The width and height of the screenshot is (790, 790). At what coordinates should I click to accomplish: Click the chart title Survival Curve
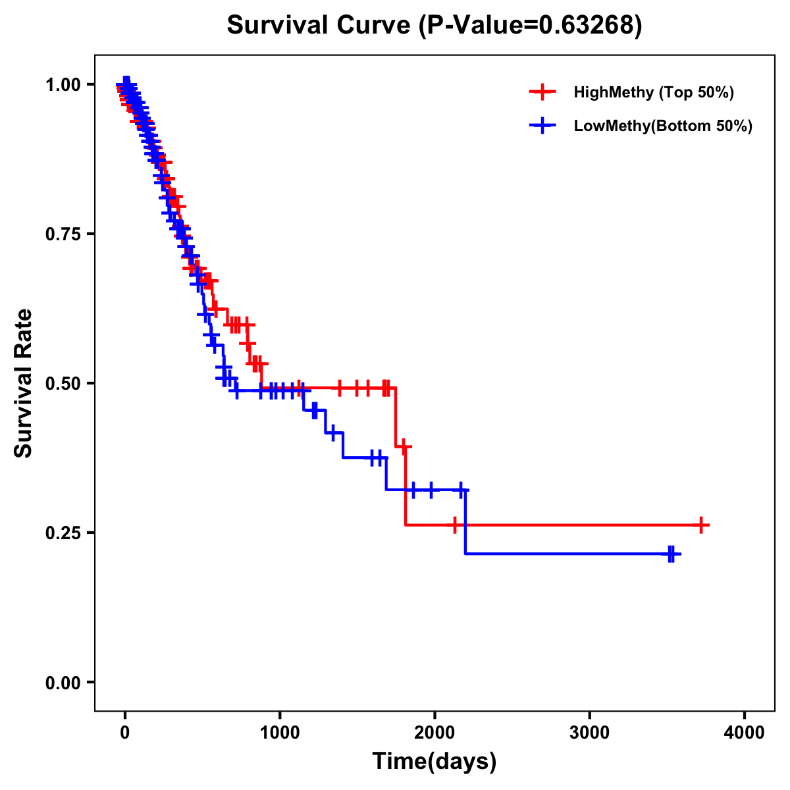click(320, 25)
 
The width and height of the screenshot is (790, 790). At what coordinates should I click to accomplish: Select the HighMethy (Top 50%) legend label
click(653, 92)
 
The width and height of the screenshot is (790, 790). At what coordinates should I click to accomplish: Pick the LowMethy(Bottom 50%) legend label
click(662, 126)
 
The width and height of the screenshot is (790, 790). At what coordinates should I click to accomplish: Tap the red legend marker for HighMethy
click(542, 92)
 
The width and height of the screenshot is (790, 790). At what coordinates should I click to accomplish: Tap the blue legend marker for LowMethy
click(542, 126)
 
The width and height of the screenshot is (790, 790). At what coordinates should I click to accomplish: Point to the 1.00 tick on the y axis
click(63, 84)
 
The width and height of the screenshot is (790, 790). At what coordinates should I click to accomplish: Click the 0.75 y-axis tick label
click(63, 234)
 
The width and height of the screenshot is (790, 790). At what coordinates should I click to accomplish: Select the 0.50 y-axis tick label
click(63, 383)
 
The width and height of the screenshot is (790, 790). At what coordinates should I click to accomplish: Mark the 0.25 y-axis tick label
click(63, 533)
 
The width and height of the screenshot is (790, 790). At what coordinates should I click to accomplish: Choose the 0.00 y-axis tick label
click(63, 682)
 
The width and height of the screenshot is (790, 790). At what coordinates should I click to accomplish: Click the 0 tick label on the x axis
click(125, 733)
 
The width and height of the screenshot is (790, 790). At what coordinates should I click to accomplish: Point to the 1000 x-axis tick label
click(280, 733)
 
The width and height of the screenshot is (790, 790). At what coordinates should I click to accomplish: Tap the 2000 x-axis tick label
click(434, 733)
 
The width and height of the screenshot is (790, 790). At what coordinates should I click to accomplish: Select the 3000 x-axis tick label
click(589, 733)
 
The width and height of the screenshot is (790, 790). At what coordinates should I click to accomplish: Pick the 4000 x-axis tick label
click(745, 733)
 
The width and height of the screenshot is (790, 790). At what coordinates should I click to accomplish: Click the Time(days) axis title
click(434, 762)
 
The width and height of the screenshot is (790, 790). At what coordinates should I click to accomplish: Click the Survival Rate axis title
click(24, 383)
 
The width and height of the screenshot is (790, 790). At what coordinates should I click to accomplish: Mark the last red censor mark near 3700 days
click(702, 525)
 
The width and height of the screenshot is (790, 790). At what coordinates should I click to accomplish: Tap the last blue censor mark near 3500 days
click(671, 554)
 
